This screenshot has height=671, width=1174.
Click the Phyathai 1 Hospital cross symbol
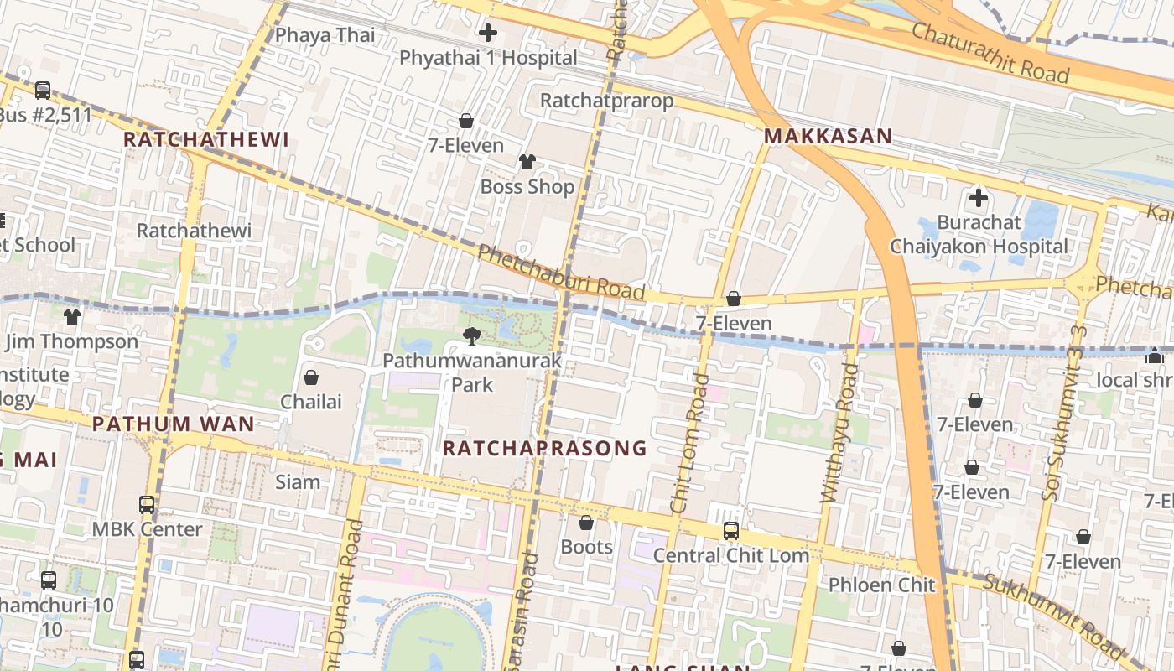click(487, 34)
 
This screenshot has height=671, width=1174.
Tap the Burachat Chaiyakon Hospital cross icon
click(978, 199)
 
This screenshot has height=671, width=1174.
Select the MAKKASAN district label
click(828, 136)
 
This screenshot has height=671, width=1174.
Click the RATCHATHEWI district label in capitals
click(206, 139)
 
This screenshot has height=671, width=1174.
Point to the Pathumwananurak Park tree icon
click(472, 336)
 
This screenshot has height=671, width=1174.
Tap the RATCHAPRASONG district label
click(545, 448)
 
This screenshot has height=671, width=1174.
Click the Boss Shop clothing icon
click(527, 161)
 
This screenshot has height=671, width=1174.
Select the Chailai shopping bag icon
click(311, 377)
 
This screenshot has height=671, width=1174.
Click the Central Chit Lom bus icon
click(731, 530)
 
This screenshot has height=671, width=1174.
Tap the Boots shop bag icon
click(586, 523)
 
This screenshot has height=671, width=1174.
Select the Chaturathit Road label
click(990, 52)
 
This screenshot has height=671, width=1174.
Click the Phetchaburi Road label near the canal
click(560, 272)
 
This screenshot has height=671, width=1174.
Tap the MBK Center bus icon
click(147, 505)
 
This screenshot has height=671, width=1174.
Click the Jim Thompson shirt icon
click(72, 317)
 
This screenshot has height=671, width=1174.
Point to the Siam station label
click(298, 482)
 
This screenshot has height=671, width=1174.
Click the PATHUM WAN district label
click(173, 424)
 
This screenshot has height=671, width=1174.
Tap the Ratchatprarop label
click(606, 101)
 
